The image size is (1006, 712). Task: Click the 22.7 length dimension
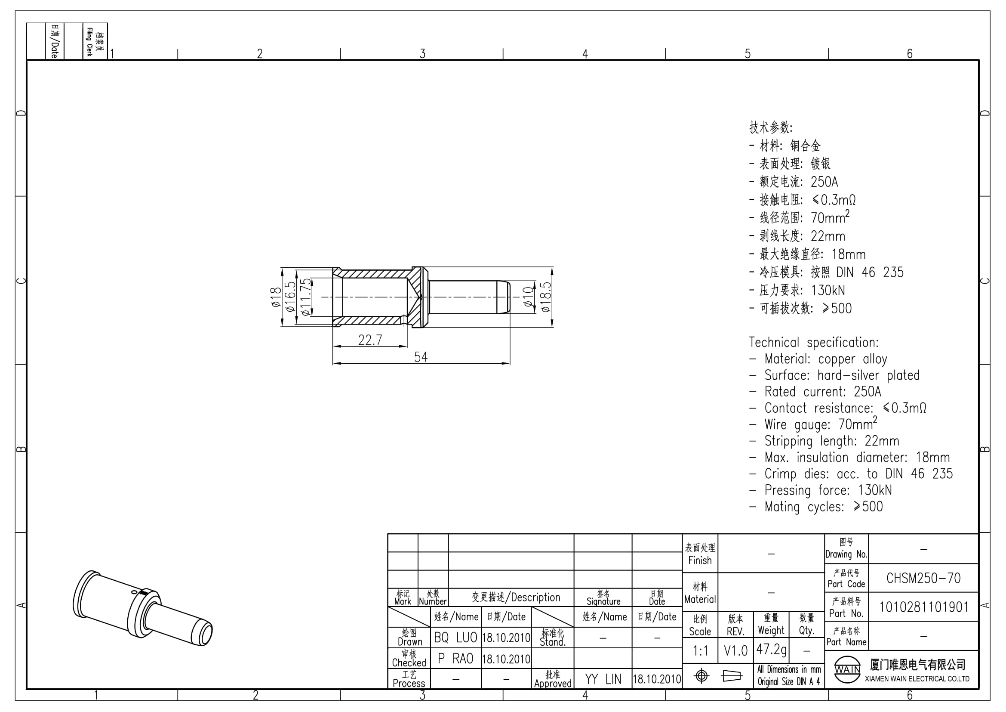370,340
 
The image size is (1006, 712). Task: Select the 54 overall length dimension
421,357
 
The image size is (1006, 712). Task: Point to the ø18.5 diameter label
545,297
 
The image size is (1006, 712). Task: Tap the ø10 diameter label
529,297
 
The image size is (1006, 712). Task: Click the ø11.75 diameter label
305,297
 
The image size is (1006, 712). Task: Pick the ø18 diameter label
276,297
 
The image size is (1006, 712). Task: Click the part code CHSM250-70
923,578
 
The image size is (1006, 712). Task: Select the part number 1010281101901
923,607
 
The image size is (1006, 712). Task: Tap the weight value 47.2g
771,649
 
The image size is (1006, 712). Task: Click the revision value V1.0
735,650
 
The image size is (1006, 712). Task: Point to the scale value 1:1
700,650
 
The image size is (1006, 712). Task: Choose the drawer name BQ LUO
455,638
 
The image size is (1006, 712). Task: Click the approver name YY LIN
603,679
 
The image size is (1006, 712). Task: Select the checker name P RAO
455,659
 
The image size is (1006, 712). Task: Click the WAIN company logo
847,669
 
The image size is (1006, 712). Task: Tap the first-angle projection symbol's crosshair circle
701,676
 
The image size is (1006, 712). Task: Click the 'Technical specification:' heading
814,342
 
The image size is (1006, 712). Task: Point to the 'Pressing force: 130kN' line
821,490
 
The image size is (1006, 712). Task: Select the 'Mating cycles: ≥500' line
816,507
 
